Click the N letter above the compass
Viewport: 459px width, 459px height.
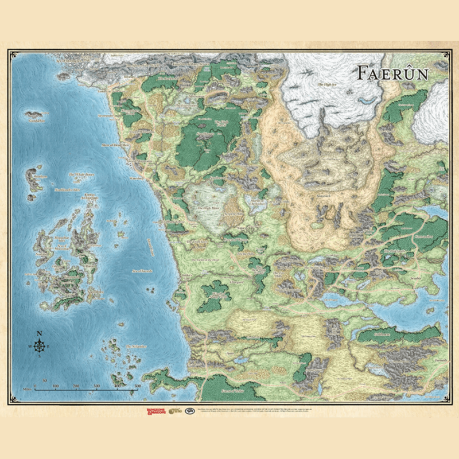click(x=39, y=334)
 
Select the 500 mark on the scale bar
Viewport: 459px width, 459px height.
click(x=138, y=386)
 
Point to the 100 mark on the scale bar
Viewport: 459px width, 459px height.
click(x=56, y=386)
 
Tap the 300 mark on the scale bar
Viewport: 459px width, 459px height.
click(x=96, y=386)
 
